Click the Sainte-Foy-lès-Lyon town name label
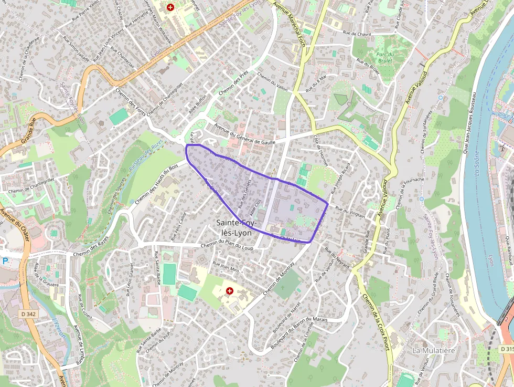click(237, 227)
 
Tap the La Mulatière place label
click(433, 350)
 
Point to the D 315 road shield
click(506, 349)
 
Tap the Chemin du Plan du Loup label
click(227, 246)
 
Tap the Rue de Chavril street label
click(357, 33)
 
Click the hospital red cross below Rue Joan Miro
click(229, 290)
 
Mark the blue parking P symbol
click(5, 260)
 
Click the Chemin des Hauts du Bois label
click(156, 185)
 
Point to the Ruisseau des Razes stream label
click(137, 156)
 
